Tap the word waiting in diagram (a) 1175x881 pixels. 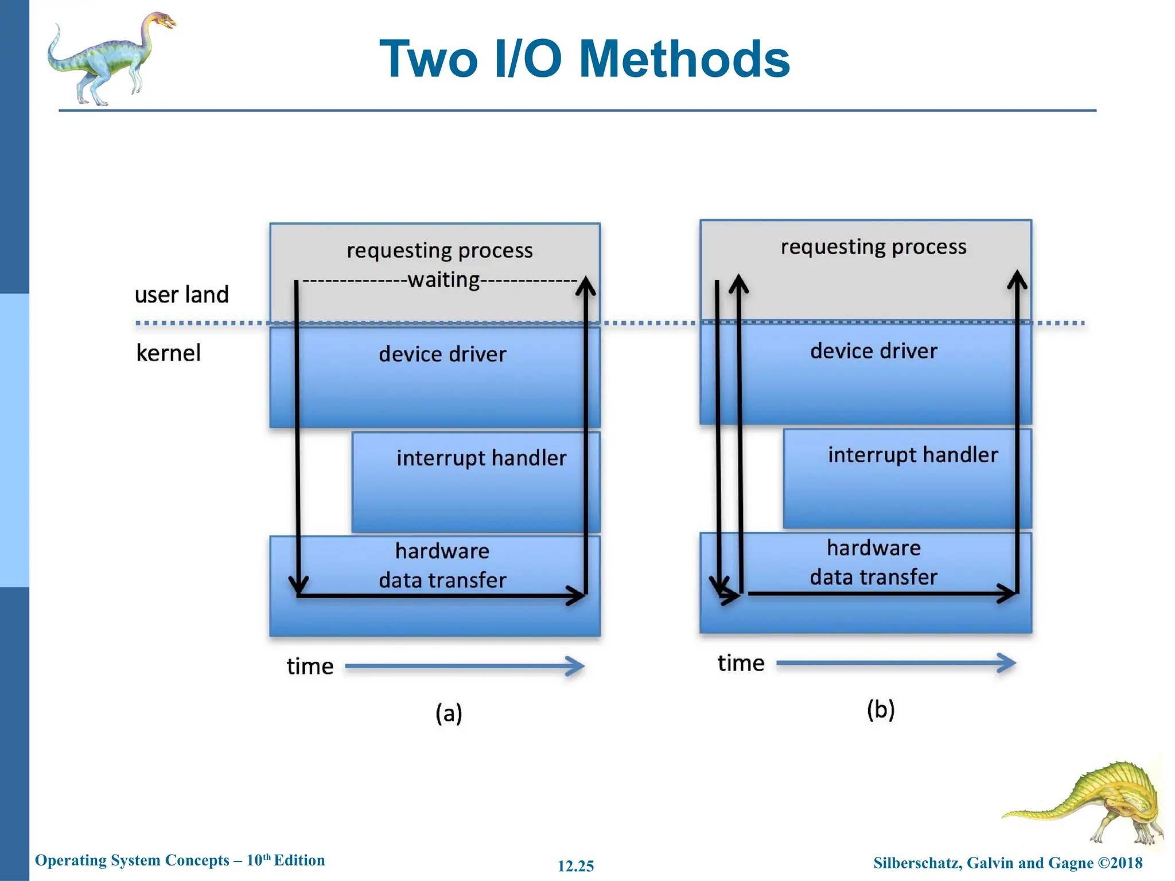(x=443, y=280)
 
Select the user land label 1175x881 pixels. (x=181, y=295)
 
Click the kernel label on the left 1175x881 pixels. (x=168, y=353)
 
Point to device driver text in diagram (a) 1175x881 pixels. (x=442, y=354)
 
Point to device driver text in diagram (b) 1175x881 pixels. (x=873, y=351)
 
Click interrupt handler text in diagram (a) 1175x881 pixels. (x=481, y=458)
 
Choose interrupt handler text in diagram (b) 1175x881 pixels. (x=912, y=455)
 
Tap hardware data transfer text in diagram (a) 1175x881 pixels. (x=442, y=566)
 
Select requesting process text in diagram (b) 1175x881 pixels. (x=873, y=247)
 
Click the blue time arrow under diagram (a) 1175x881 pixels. (x=465, y=666)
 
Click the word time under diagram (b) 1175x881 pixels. (x=741, y=663)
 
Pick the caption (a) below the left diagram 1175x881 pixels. (x=448, y=714)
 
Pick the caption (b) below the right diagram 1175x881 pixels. (x=880, y=710)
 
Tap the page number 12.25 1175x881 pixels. (x=575, y=866)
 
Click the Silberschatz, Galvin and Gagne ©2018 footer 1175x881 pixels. (x=1007, y=863)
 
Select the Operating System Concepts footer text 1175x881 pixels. (x=180, y=860)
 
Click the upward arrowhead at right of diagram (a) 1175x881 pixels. (x=586, y=285)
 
